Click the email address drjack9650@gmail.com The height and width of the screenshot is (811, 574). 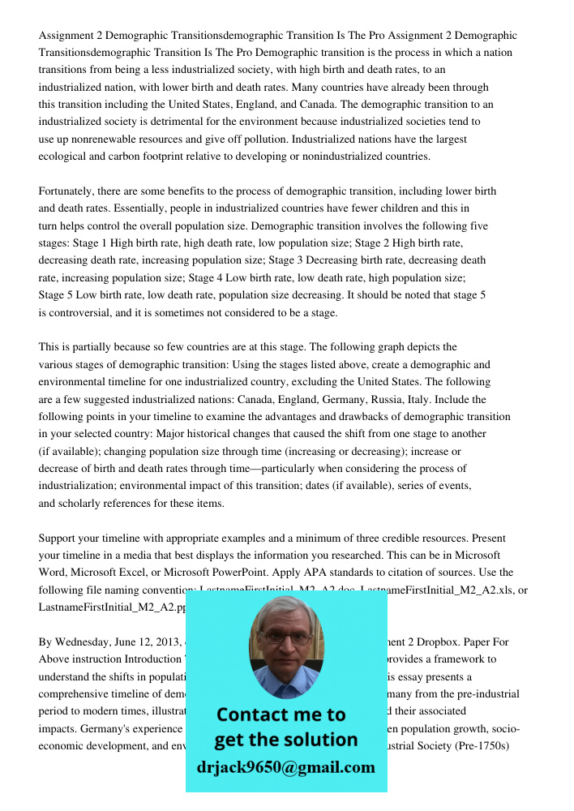[x=285, y=767]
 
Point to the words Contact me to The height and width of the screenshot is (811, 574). [x=281, y=714]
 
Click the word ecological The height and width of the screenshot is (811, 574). [x=65, y=157]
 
